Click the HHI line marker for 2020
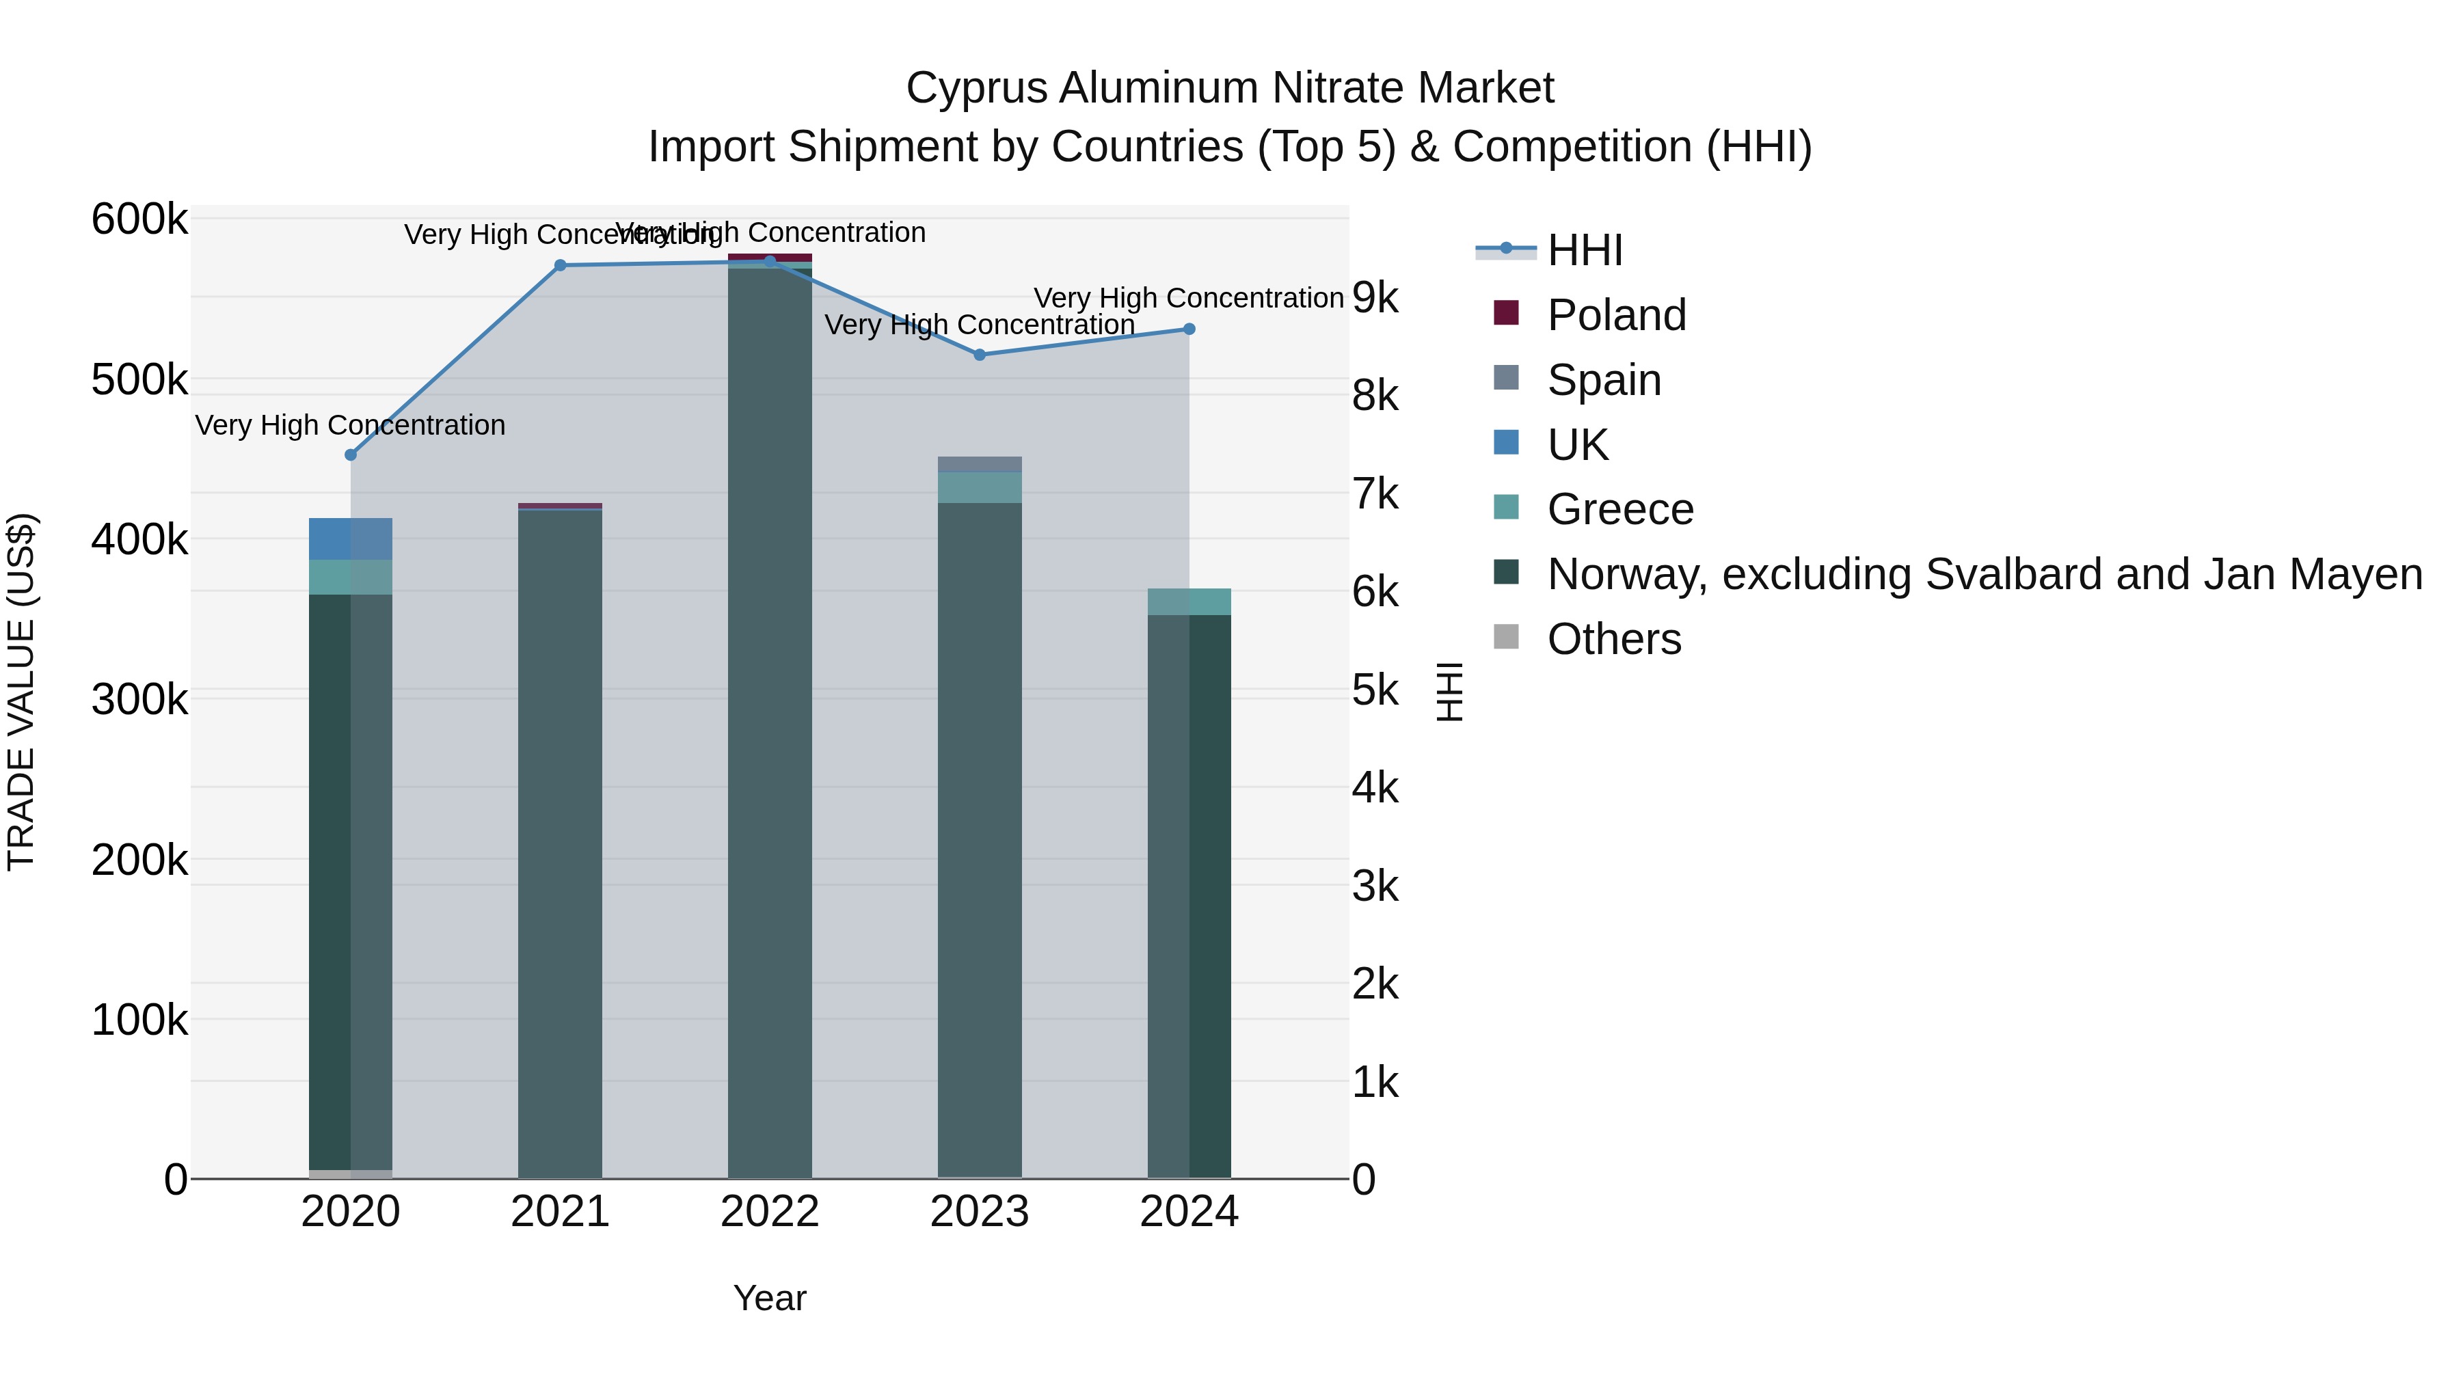point(351,454)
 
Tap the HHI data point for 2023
point(979,354)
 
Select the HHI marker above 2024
point(1189,329)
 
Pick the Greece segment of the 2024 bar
point(1189,601)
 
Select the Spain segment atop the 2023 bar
point(979,464)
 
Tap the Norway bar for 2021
point(560,841)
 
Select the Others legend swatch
point(1505,636)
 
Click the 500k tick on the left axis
point(139,380)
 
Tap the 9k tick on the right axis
point(1375,298)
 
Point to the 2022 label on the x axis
point(770,1212)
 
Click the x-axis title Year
point(770,1298)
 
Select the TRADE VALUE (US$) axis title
point(22,692)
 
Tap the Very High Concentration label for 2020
point(351,425)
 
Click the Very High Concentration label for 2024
point(1189,298)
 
